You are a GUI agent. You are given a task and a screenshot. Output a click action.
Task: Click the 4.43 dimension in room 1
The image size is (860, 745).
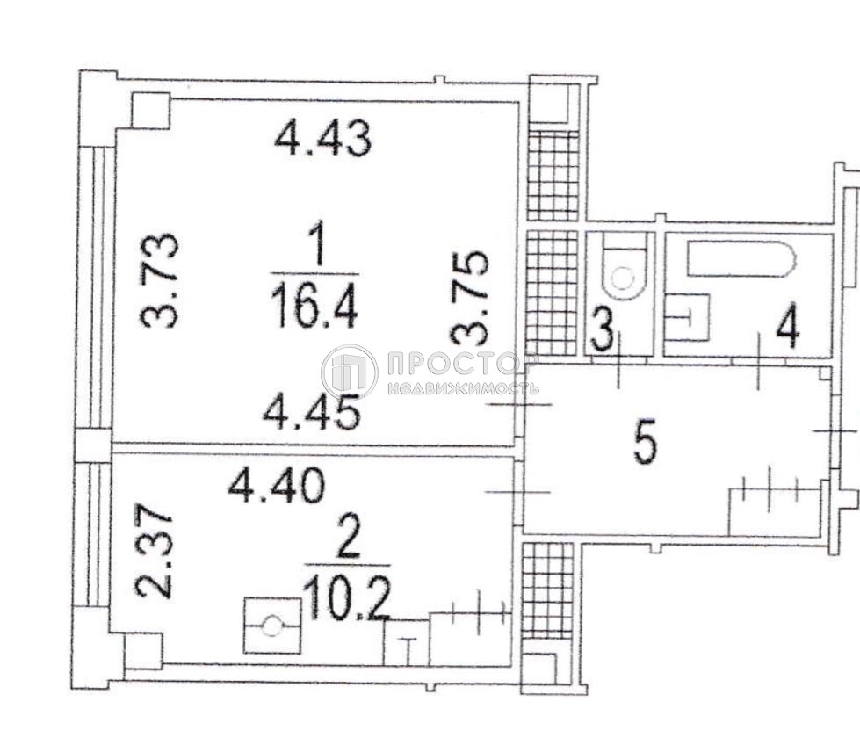[322, 139]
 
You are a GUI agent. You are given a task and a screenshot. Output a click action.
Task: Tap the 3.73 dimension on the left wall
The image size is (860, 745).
[159, 280]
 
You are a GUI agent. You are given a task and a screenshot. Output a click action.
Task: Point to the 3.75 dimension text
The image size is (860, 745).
[469, 298]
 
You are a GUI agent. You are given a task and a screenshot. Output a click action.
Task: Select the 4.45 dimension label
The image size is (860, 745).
[312, 413]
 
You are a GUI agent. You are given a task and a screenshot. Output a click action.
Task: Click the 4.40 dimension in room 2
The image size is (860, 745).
[277, 487]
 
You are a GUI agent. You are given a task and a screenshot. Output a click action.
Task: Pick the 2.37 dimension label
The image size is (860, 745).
[154, 550]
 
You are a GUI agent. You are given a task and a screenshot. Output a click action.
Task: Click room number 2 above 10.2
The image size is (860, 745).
[349, 539]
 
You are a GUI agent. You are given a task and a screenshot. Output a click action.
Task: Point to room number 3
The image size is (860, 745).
[603, 334]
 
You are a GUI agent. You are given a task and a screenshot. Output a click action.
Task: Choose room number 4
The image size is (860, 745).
[787, 331]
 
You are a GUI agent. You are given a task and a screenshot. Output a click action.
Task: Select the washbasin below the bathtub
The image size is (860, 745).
[687, 317]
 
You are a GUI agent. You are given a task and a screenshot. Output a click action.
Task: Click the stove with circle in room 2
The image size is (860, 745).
[272, 626]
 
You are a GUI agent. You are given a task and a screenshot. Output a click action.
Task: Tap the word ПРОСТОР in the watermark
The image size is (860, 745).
[461, 363]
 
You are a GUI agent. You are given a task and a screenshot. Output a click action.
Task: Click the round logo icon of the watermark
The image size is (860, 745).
[350, 372]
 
